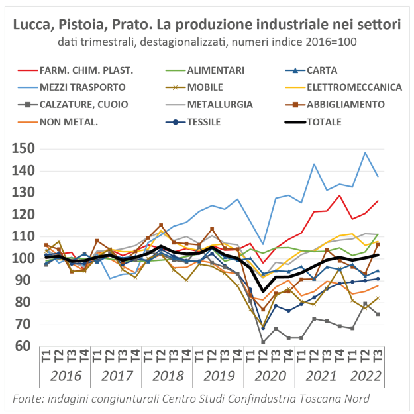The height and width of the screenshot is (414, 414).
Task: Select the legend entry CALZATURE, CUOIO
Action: point(83,104)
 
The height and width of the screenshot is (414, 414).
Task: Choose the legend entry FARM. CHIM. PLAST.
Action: point(87,70)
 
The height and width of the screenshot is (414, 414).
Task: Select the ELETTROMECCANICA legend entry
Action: point(358,87)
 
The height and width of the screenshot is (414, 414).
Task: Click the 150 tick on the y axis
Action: point(23,148)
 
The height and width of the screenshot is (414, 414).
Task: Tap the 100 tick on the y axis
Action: point(23,258)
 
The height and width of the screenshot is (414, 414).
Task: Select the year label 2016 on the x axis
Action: point(65,377)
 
